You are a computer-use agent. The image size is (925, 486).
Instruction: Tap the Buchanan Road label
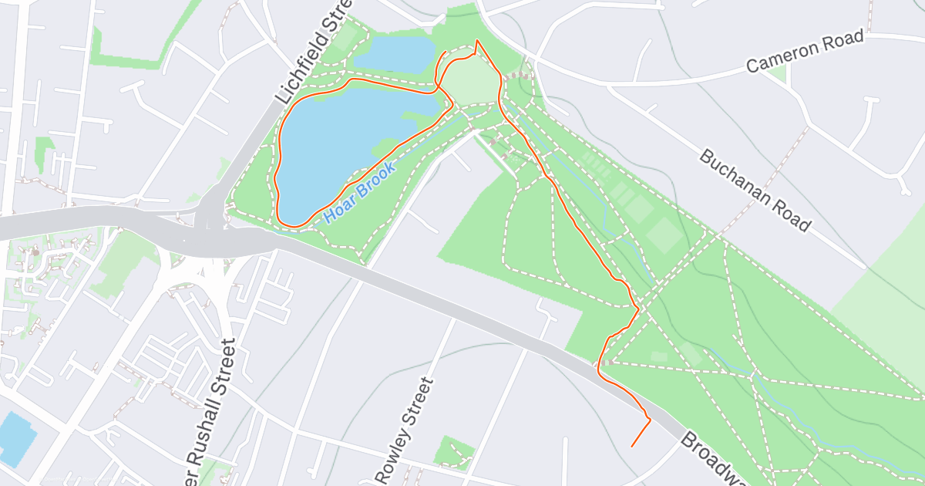click(x=755, y=190)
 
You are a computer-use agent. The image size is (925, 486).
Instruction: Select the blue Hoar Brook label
click(x=360, y=192)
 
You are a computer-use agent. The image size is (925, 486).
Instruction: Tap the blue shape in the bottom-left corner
click(x=15, y=436)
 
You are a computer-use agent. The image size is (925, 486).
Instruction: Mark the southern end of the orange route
click(x=632, y=446)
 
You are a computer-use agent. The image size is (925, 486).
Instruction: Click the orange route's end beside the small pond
click(x=446, y=52)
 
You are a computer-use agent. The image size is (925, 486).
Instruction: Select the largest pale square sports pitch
click(x=663, y=235)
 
